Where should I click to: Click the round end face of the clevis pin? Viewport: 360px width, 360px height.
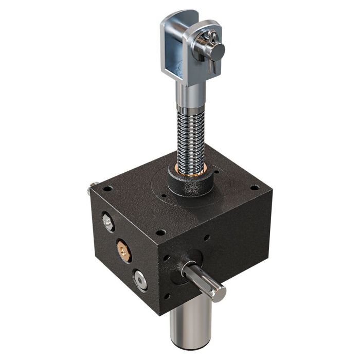[x=218, y=50]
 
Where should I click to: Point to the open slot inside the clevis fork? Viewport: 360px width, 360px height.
[x=178, y=57]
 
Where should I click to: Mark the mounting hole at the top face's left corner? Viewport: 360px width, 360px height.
[x=107, y=189]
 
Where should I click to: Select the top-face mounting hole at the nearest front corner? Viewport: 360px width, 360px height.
[x=160, y=232]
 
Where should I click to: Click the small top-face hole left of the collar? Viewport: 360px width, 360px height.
[x=164, y=195]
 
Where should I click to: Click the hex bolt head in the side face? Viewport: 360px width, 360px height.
[x=108, y=222]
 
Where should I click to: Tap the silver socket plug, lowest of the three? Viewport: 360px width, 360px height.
[x=139, y=280]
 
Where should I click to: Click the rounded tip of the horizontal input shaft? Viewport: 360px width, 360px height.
[x=219, y=294]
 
